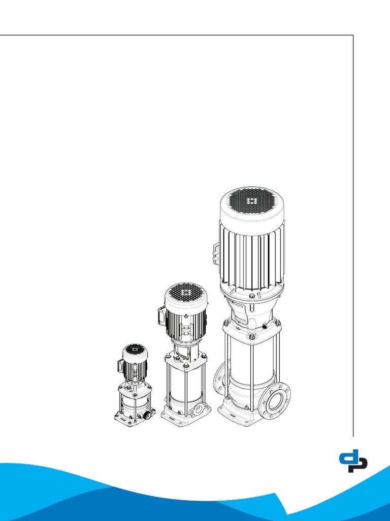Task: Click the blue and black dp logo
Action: click(x=353, y=460)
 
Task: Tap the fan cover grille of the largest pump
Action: click(x=252, y=201)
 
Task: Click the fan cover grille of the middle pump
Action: click(x=186, y=293)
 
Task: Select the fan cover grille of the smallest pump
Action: click(x=134, y=350)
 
